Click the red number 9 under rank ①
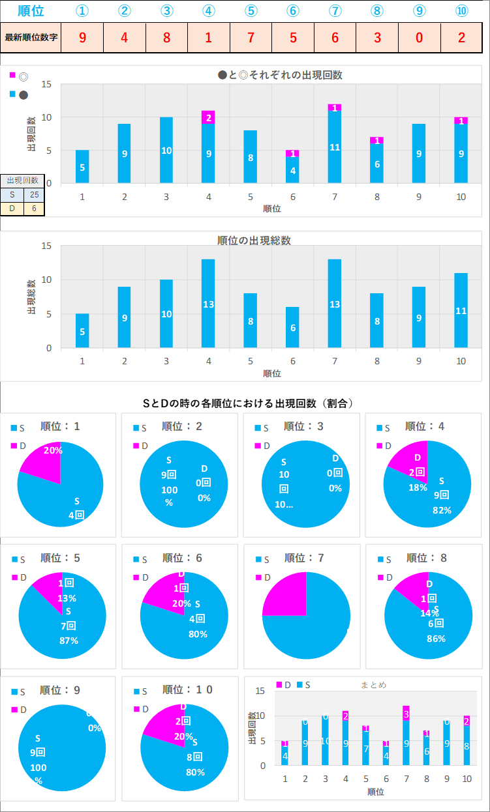tap(82, 37)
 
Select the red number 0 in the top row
tap(420, 37)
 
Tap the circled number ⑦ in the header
tap(335, 11)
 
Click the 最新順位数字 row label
tap(31, 37)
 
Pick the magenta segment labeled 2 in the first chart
tap(208, 117)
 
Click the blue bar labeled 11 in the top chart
tap(335, 147)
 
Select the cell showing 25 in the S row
tap(34, 195)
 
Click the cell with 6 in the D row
tap(34, 209)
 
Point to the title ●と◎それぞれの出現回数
tap(280, 75)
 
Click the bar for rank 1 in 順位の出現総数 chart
tap(82, 331)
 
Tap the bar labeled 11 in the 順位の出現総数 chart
tap(461, 310)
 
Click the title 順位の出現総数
tap(254, 240)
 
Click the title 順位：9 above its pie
tap(60, 690)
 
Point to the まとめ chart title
tap(374, 685)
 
